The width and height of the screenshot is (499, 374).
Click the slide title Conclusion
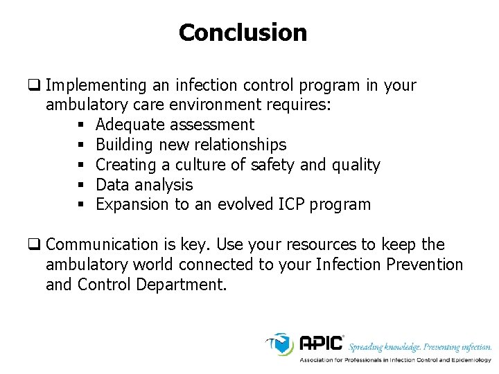(243, 33)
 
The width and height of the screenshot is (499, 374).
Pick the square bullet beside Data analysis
(82, 185)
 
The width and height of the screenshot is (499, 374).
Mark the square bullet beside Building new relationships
(82, 145)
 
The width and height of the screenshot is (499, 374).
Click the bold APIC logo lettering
(322, 344)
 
